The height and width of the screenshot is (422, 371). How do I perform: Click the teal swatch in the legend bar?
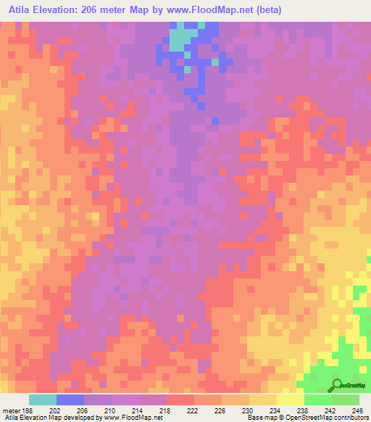43,400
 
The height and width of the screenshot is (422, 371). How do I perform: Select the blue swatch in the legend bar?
70,400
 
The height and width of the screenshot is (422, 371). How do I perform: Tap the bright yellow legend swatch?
291,400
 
